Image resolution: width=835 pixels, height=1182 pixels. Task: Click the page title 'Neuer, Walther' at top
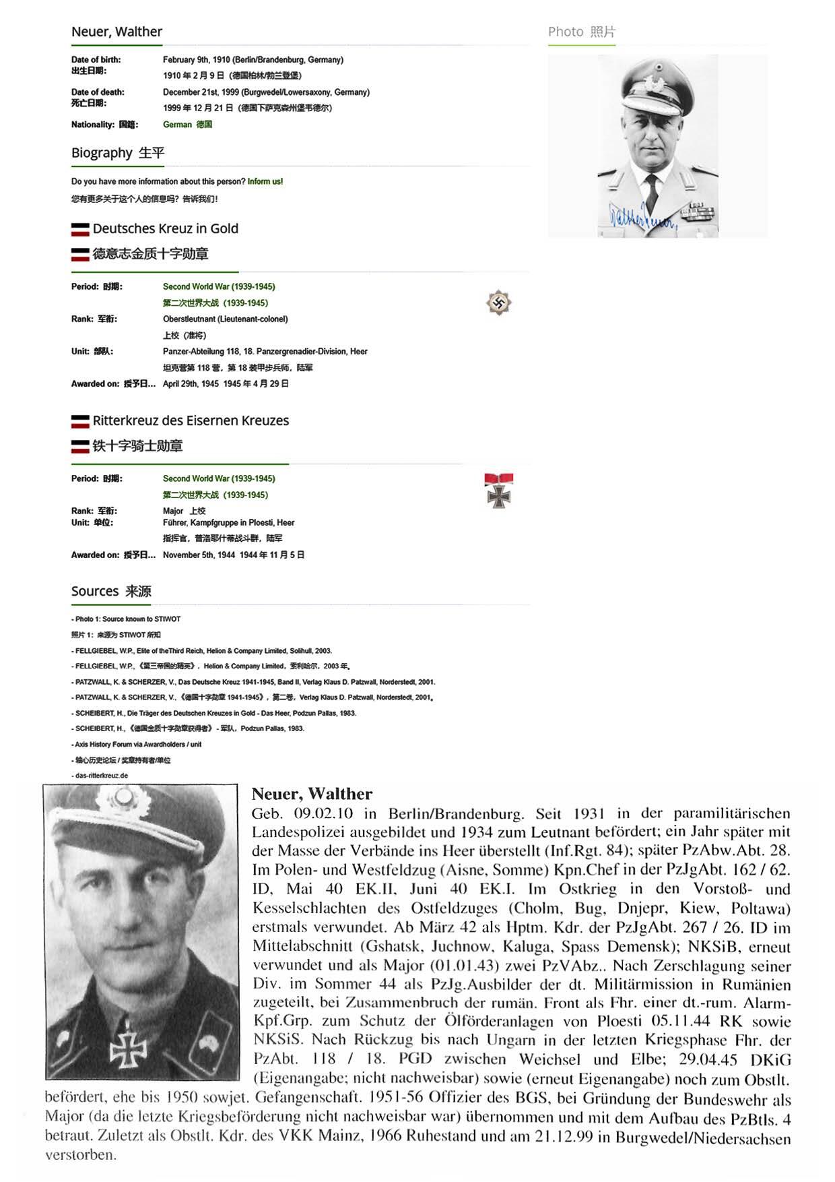click(116, 32)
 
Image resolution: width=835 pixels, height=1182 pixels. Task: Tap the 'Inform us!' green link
click(265, 181)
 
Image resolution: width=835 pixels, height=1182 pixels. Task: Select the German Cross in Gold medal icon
click(498, 303)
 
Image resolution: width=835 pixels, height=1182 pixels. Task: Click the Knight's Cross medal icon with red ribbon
click(498, 490)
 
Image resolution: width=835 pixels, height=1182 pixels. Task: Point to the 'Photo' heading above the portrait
click(565, 32)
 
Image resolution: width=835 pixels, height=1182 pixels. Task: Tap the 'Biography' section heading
click(102, 153)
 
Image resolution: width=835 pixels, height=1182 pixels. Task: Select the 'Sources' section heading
click(95, 591)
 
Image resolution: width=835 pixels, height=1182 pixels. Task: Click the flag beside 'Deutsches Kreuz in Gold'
click(80, 229)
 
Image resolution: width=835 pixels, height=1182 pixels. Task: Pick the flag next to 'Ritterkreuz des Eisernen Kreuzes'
click(80, 421)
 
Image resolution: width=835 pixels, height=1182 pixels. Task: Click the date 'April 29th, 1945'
click(191, 383)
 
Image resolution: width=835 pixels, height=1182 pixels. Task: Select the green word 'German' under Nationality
click(177, 124)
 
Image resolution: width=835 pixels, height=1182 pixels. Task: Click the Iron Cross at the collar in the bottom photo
click(128, 1051)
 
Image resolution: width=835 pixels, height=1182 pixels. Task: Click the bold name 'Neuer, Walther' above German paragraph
click(312, 794)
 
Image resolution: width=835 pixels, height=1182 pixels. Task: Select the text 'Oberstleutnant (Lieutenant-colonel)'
click(225, 319)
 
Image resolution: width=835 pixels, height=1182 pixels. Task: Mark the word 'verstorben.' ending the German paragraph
click(81, 1155)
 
